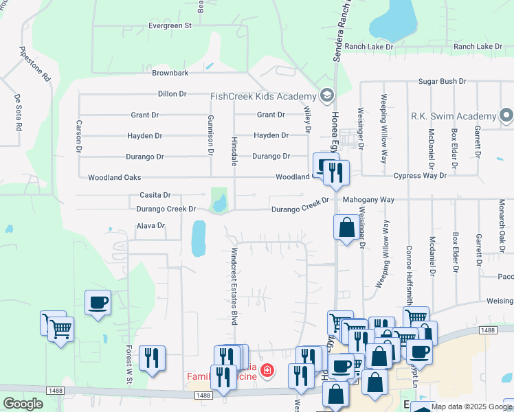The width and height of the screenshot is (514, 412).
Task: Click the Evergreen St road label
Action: click(170, 26)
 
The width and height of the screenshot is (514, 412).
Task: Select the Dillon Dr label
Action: click(172, 94)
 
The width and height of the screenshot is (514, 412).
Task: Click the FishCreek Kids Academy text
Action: click(262, 95)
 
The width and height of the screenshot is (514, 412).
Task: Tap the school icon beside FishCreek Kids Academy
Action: click(328, 95)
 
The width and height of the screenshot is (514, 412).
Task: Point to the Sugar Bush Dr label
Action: click(444, 81)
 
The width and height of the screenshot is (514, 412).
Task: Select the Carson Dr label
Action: click(80, 136)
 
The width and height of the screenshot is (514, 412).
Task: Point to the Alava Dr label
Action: click(150, 225)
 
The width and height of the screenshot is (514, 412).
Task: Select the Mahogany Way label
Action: click(368, 200)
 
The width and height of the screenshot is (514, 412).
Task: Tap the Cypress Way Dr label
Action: click(420, 176)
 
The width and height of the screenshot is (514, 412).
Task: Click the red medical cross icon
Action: click(267, 372)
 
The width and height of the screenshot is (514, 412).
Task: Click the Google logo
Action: click(23, 404)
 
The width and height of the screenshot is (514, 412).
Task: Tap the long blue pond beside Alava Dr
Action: click(198, 238)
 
